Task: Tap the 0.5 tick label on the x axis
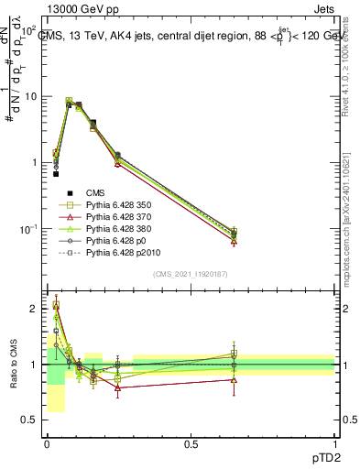(x=191, y=443)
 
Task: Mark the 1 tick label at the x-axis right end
(x=334, y=443)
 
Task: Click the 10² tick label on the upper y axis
(x=30, y=30)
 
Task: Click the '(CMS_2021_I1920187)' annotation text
(x=191, y=274)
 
